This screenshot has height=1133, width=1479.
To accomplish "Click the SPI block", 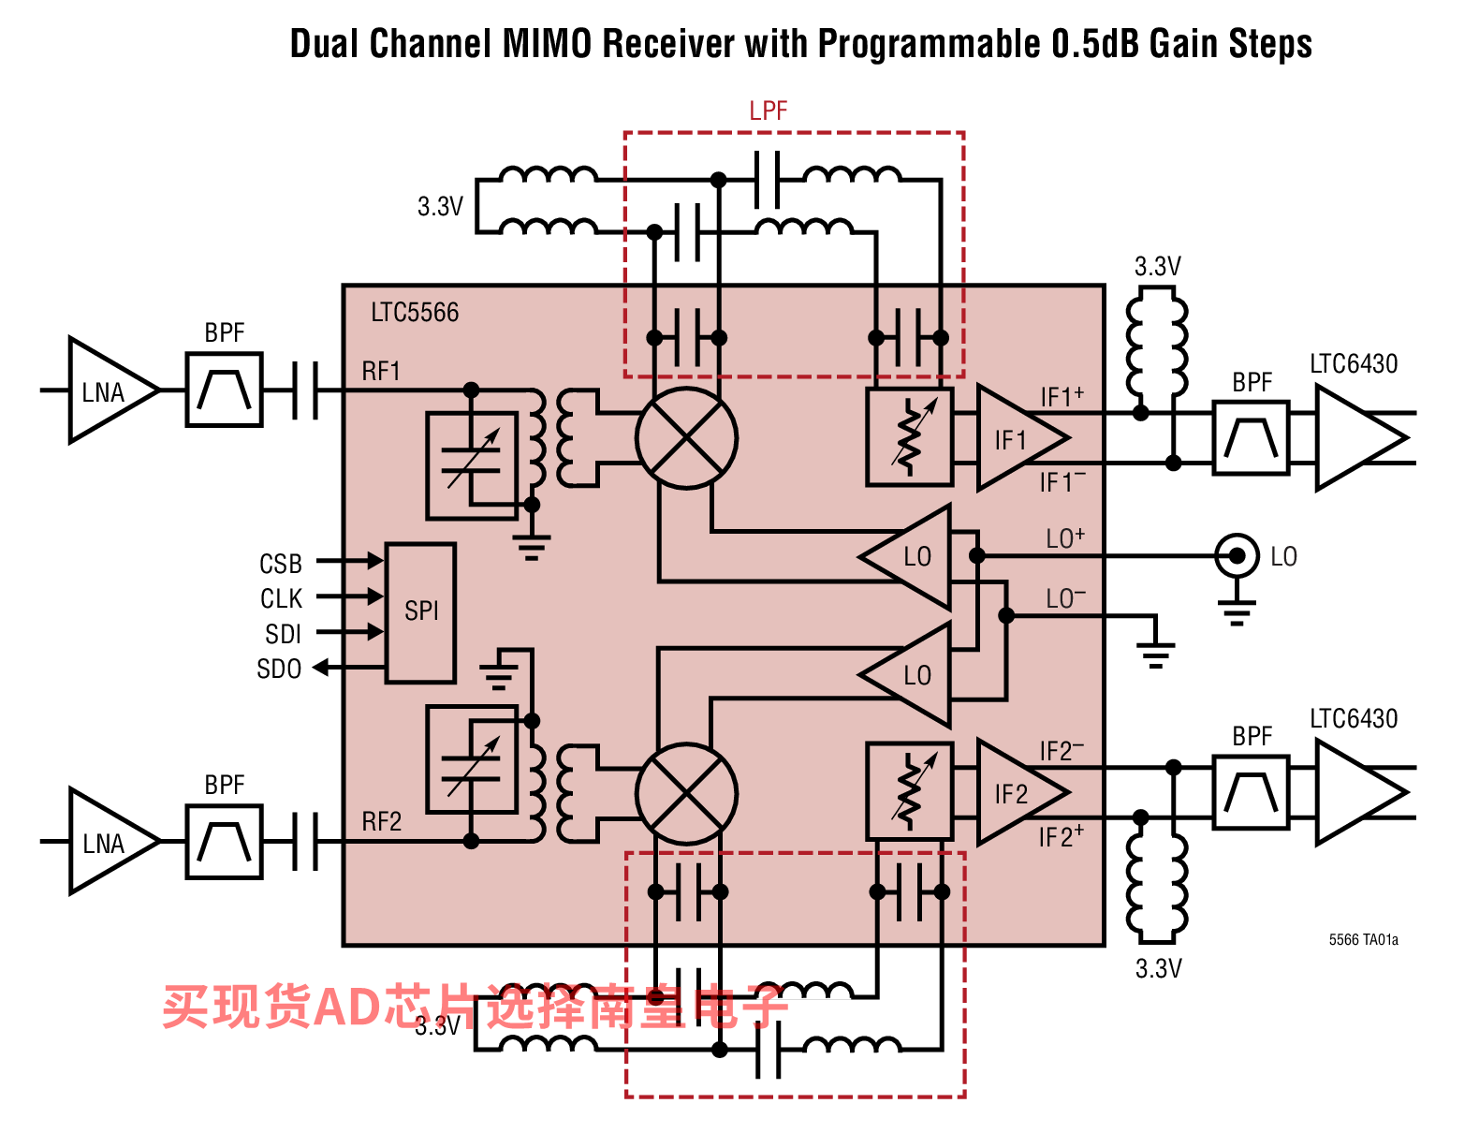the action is point(419,612).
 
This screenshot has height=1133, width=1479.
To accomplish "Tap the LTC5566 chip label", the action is point(415,313).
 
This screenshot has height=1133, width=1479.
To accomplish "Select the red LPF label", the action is point(768,111).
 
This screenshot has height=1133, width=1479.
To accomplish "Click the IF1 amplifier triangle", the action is point(1021,438).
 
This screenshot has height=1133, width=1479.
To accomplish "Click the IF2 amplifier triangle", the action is point(1021,792).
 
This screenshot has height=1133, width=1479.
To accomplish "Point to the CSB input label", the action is point(281,564).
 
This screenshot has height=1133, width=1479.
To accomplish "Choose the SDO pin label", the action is point(278,669).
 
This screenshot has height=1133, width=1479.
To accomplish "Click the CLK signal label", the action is point(281,598).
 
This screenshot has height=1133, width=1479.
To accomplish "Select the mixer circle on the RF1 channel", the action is point(686,438).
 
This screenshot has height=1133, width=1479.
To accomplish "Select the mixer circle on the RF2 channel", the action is point(686,793).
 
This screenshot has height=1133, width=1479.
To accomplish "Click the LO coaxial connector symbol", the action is point(1236,556).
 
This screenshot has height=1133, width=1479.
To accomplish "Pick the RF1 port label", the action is point(380,371).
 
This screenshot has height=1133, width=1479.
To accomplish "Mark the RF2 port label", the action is point(381,822).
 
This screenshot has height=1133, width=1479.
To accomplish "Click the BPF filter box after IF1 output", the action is point(1251,438).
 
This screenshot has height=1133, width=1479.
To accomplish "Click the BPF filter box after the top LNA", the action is point(224,390).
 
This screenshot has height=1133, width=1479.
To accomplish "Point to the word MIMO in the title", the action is point(547,44).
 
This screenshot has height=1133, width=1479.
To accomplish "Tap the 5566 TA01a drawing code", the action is point(1363,939).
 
